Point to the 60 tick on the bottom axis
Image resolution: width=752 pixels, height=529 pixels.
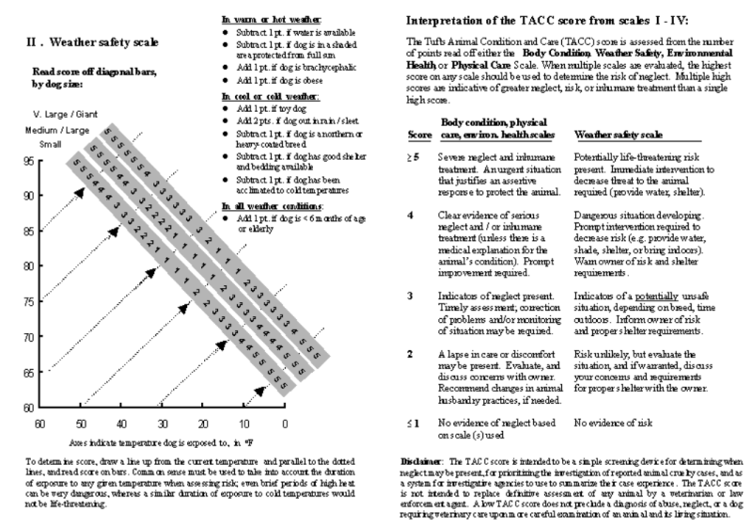(x=41, y=425)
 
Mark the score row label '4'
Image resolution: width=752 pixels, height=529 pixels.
(x=412, y=214)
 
